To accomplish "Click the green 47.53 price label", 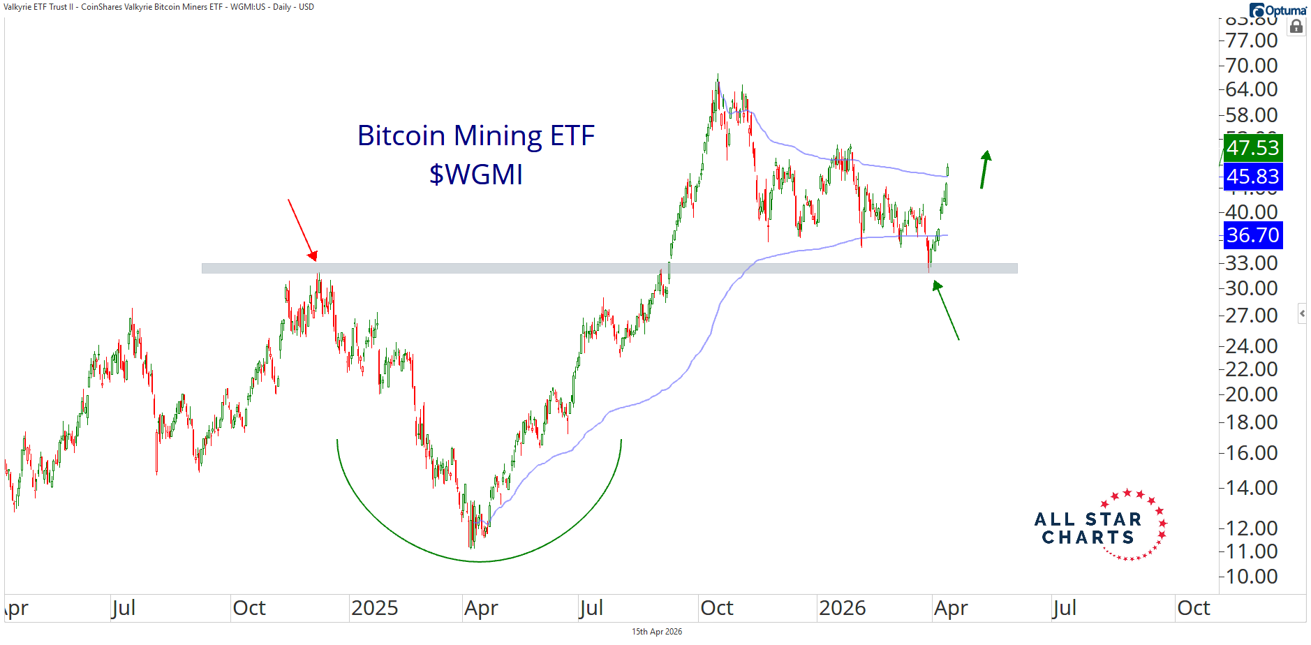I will (1252, 148).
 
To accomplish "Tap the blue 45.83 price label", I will (1252, 177).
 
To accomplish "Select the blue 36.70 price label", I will (1252, 235).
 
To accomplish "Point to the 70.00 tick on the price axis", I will (1251, 66).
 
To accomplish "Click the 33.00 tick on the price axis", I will (1251, 263).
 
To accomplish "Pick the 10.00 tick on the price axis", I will (1251, 577).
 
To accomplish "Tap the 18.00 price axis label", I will (1251, 422).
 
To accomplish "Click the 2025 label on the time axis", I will (374, 608).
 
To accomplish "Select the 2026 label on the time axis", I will (842, 608).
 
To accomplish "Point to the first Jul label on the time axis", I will (124, 608).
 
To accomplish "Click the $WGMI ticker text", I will (475, 175).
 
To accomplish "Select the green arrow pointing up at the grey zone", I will (947, 310).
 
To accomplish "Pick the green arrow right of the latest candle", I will (984, 170).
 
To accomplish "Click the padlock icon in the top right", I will (1296, 27).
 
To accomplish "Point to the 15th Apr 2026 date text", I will (657, 632).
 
